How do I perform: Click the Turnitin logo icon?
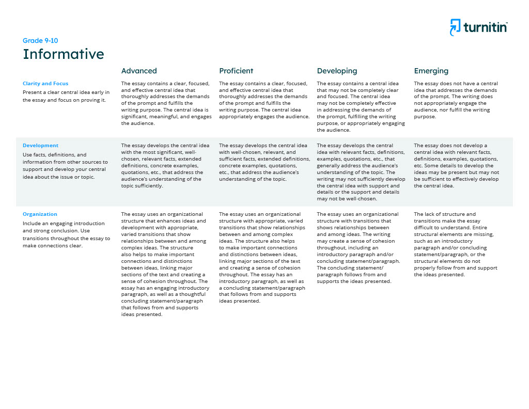(455, 27)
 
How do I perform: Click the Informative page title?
(63, 54)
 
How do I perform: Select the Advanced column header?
(139, 71)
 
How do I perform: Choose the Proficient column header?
(236, 71)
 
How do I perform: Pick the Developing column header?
(337, 71)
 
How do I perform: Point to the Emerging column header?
(431, 71)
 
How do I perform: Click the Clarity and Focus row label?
(45, 84)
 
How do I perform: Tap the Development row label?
(40, 146)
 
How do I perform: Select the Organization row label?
(40, 214)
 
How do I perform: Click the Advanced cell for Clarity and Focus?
(166, 103)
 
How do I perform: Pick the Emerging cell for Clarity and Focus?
(456, 100)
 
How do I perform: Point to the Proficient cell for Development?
(264, 162)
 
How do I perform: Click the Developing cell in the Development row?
(361, 172)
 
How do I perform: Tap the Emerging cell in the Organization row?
(456, 244)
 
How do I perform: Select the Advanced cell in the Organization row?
(165, 264)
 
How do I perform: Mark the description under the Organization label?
(66, 234)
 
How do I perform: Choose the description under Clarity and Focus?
(66, 96)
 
